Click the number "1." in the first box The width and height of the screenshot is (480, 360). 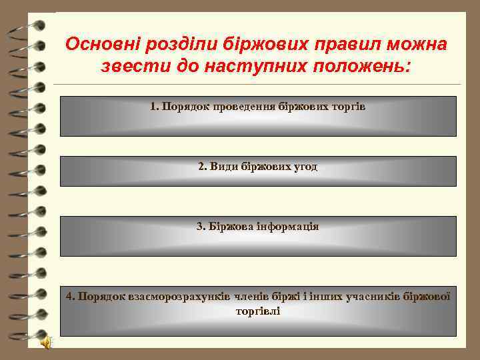(155, 107)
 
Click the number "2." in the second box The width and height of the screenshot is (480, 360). (203, 167)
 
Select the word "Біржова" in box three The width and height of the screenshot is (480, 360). (231, 227)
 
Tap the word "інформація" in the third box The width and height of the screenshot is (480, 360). (287, 227)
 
